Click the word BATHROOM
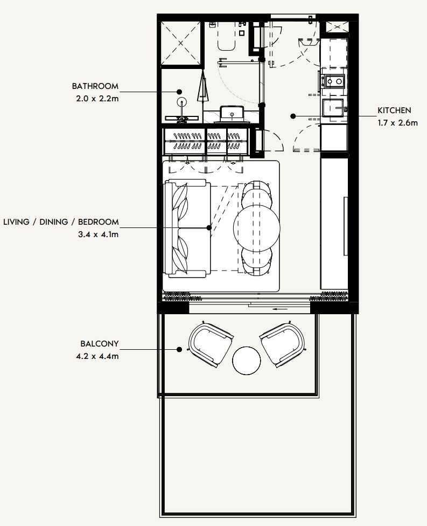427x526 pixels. click(x=95, y=86)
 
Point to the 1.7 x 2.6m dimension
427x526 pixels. click(x=398, y=122)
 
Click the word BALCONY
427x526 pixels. click(x=99, y=343)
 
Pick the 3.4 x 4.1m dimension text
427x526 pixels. click(x=98, y=234)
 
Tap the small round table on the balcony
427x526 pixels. click(x=247, y=360)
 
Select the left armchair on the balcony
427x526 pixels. click(x=211, y=344)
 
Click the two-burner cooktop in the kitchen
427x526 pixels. click(x=334, y=81)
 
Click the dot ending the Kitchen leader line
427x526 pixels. click(x=292, y=116)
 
